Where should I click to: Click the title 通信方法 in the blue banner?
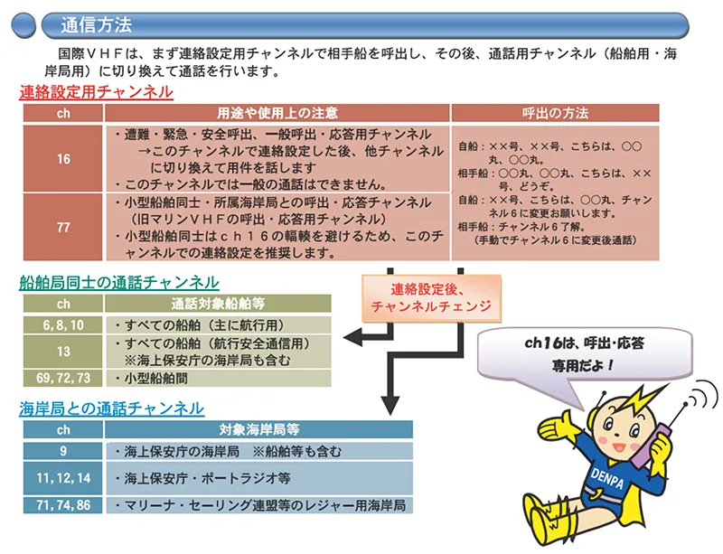[97, 25]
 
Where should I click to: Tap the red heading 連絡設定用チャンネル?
[97, 92]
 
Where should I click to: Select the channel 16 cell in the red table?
[63, 159]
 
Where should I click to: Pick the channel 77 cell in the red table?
[63, 227]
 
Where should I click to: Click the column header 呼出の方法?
[555, 113]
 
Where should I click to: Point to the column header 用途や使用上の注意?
[277, 113]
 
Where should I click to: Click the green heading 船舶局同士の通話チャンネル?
[119, 282]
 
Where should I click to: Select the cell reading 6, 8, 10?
[63, 325]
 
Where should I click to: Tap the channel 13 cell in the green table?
[63, 352]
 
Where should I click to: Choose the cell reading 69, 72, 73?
[63, 379]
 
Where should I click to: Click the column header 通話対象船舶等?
[218, 304]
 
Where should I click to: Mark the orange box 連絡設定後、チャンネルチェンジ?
[431, 298]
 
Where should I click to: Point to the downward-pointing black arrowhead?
[390, 405]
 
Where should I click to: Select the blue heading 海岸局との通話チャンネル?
[111, 408]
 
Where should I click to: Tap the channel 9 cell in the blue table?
[63, 451]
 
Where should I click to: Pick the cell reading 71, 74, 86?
[63, 504]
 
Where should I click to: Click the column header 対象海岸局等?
[258, 430]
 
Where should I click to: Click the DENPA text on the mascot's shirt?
[607, 478]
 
